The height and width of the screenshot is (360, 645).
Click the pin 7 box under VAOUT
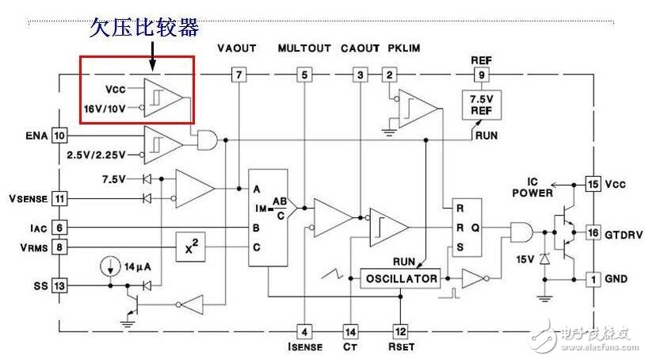click(238, 75)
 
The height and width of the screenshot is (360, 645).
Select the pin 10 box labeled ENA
click(59, 136)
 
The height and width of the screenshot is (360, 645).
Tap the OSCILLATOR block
click(401, 278)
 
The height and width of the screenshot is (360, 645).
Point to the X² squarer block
click(190, 248)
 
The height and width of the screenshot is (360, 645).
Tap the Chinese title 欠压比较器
click(143, 29)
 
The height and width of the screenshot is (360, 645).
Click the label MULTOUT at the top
click(303, 48)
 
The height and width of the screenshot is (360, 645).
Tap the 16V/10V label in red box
click(105, 108)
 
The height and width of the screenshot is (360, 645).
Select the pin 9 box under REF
click(480, 75)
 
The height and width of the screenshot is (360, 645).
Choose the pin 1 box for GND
click(593, 278)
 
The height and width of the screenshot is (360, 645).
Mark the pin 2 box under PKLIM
click(389, 75)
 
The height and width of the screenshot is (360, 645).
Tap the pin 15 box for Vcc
click(593, 184)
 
